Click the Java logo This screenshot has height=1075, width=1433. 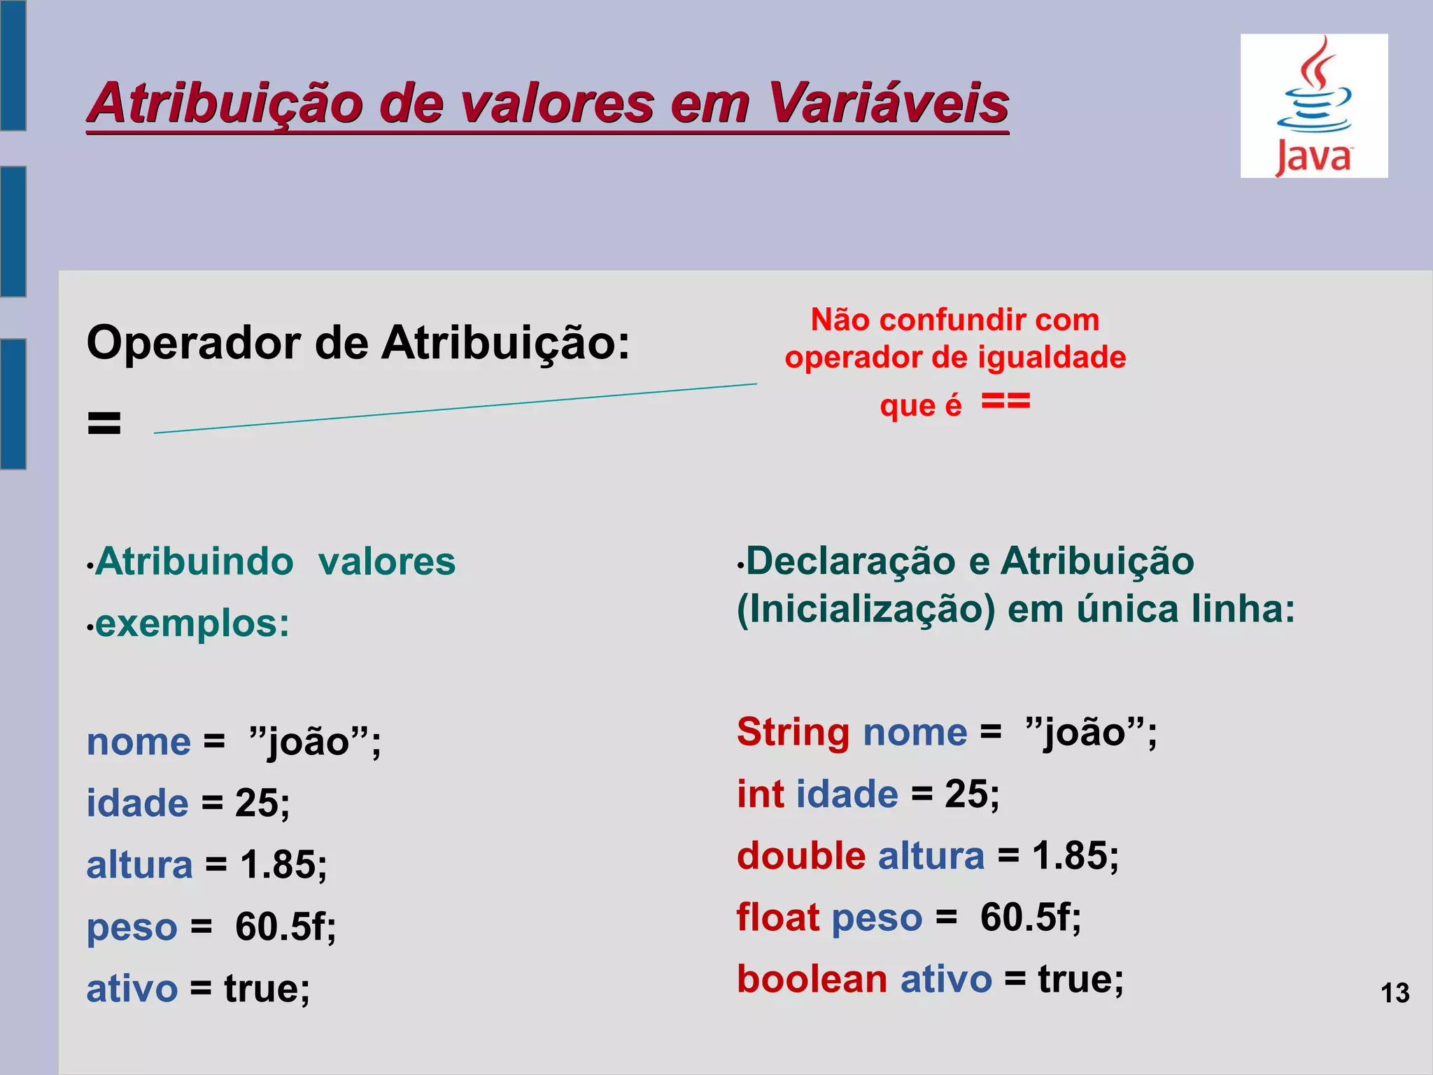coord(1313,106)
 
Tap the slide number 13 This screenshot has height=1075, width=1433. coord(1395,993)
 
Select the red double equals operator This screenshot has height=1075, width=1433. coord(1005,402)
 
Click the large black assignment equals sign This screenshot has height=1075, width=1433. coord(104,423)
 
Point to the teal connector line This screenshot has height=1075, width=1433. coord(455,408)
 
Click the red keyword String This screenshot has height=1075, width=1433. coord(793,732)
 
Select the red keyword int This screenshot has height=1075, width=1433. coord(760,794)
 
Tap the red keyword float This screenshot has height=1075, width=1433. coord(777,917)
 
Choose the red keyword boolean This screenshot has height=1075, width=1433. coord(811,978)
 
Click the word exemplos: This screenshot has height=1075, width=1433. coord(192,623)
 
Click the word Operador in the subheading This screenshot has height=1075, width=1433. coord(194,343)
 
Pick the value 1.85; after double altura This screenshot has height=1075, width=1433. coord(1075,855)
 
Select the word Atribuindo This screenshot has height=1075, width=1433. coord(195,561)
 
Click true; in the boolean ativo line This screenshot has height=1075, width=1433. coord(1080,978)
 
